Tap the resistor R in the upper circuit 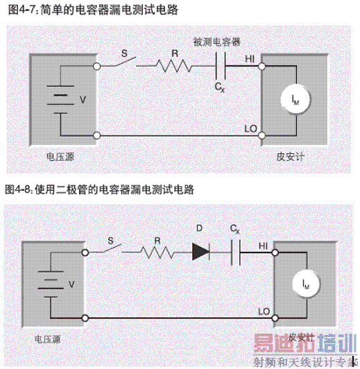[173, 66]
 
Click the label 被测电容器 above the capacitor [217, 42]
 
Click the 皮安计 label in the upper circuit [290, 157]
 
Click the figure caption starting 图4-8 [99, 189]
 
